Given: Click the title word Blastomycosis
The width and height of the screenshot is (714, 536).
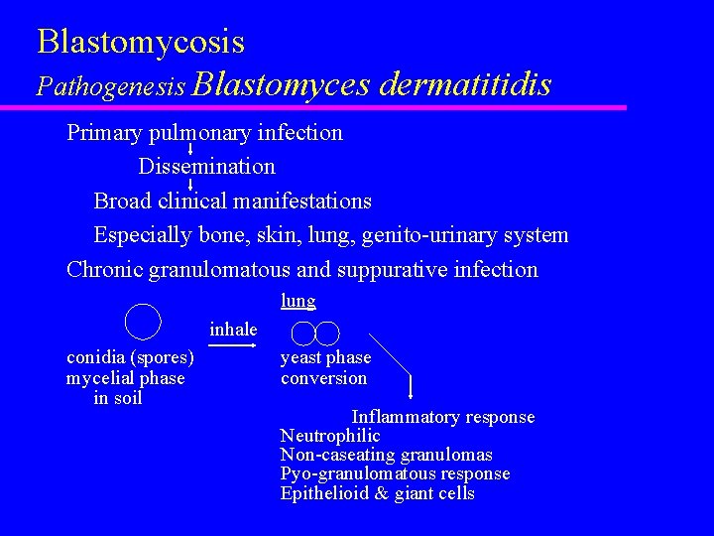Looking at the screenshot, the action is (x=141, y=42).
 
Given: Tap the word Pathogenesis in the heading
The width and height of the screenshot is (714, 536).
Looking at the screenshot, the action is (x=111, y=86).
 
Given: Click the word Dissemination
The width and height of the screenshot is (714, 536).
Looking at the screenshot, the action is (x=206, y=166).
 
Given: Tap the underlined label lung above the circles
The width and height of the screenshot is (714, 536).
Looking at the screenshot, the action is (x=297, y=301).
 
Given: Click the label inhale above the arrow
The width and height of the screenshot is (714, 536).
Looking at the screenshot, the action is (x=233, y=330).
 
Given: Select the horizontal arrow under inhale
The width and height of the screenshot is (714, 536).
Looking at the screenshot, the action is (x=231, y=345).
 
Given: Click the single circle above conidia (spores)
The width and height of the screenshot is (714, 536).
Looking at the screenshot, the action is (x=144, y=320).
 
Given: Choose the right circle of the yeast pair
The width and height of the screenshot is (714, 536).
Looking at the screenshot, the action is (x=327, y=334).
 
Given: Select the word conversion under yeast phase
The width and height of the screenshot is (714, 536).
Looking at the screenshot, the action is (x=323, y=378).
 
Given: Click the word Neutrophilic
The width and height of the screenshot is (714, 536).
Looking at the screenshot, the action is (x=330, y=436).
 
